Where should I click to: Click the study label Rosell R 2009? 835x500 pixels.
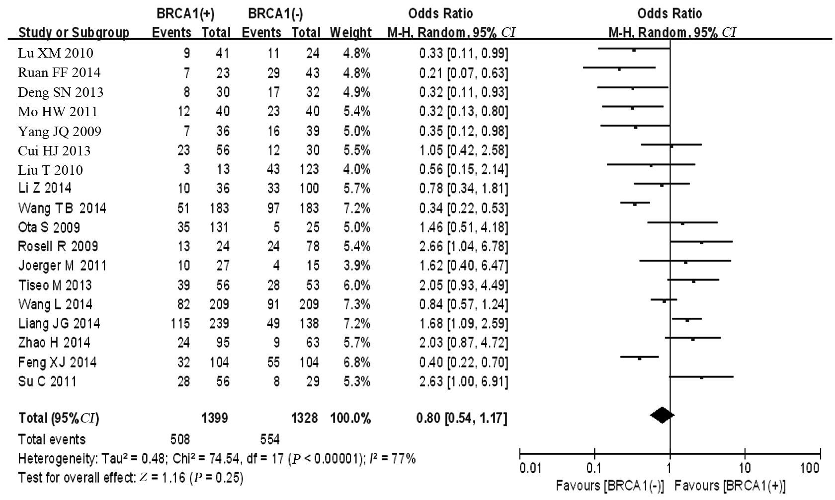(x=58, y=246)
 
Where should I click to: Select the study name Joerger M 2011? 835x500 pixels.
(x=62, y=266)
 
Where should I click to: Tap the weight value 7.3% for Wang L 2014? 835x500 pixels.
(x=357, y=304)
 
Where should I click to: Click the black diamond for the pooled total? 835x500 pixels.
(x=662, y=415)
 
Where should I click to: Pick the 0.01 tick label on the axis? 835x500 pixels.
(x=530, y=468)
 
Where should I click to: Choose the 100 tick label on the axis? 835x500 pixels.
(x=810, y=468)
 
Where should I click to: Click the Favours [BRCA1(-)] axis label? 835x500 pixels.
(x=609, y=486)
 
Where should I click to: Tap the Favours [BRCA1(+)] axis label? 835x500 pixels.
(x=730, y=486)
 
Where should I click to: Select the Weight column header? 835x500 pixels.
(x=350, y=33)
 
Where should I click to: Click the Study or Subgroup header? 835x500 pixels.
(x=74, y=33)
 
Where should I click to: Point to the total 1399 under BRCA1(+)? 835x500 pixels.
(x=215, y=418)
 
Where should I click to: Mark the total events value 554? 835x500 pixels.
(x=270, y=439)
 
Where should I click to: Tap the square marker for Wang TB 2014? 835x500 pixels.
(x=635, y=204)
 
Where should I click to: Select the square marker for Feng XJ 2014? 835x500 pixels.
(x=640, y=357)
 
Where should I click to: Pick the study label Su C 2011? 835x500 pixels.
(x=47, y=381)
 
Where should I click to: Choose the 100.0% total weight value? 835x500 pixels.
(x=350, y=418)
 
